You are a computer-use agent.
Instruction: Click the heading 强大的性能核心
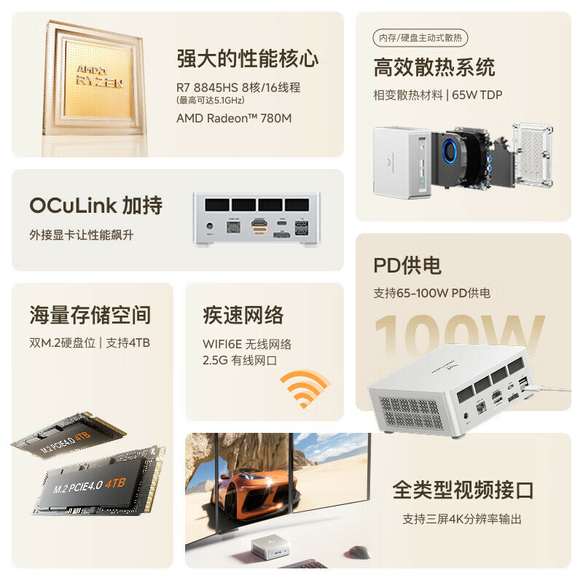point(248,58)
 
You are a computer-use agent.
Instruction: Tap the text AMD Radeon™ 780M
point(233,117)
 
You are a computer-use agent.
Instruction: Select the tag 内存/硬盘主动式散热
point(420,39)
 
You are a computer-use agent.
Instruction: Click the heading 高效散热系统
point(434,68)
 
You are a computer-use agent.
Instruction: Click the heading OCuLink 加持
point(95,206)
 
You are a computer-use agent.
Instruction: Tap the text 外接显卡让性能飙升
point(82,235)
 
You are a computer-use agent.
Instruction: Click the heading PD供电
point(407,265)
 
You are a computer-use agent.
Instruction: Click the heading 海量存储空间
point(90,315)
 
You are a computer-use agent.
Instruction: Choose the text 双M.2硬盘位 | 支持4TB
point(90,342)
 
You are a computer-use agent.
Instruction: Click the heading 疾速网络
point(243,315)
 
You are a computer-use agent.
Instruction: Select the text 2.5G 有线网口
point(240,360)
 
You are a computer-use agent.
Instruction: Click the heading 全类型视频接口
point(462,490)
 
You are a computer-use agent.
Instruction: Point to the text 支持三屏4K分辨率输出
point(462,519)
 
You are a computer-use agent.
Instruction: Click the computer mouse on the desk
point(359,552)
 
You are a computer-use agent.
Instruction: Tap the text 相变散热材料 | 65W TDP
point(437,95)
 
